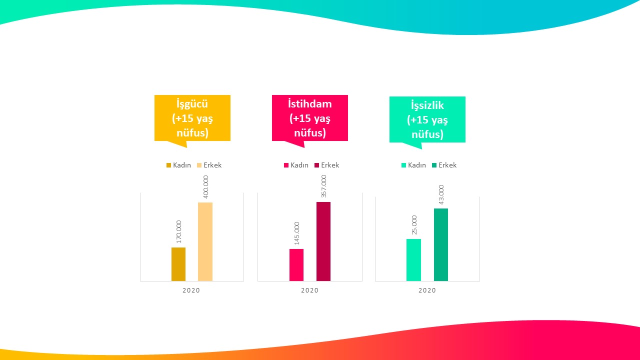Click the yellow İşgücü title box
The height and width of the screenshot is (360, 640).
tap(192, 118)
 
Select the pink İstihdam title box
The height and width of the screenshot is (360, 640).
tap(309, 118)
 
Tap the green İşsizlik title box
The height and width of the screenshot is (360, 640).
tap(427, 119)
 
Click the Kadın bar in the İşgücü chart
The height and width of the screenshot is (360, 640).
tap(178, 264)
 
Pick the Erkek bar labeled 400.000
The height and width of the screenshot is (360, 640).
tap(205, 241)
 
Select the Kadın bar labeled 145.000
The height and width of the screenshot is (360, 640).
tap(296, 264)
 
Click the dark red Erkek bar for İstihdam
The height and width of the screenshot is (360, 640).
tap(323, 241)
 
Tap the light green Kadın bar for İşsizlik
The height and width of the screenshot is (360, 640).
tap(413, 259)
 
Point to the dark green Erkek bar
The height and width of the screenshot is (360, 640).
tap(440, 244)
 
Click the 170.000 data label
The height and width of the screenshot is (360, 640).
tap(178, 231)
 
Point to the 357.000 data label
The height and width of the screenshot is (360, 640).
tap(323, 186)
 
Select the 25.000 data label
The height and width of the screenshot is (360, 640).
tap(414, 225)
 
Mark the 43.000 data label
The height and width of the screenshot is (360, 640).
tap(441, 194)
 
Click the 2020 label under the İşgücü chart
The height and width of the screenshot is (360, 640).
tap(191, 290)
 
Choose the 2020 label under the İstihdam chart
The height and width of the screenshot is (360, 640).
tap(309, 290)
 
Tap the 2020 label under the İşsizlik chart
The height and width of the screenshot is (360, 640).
tap(427, 290)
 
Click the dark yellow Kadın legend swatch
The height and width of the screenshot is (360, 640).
tap(168, 165)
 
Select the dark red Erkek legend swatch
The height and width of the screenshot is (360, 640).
tap(317, 165)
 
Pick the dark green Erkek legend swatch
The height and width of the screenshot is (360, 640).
tap(434, 165)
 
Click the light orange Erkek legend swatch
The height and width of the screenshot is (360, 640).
tap(199, 165)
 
